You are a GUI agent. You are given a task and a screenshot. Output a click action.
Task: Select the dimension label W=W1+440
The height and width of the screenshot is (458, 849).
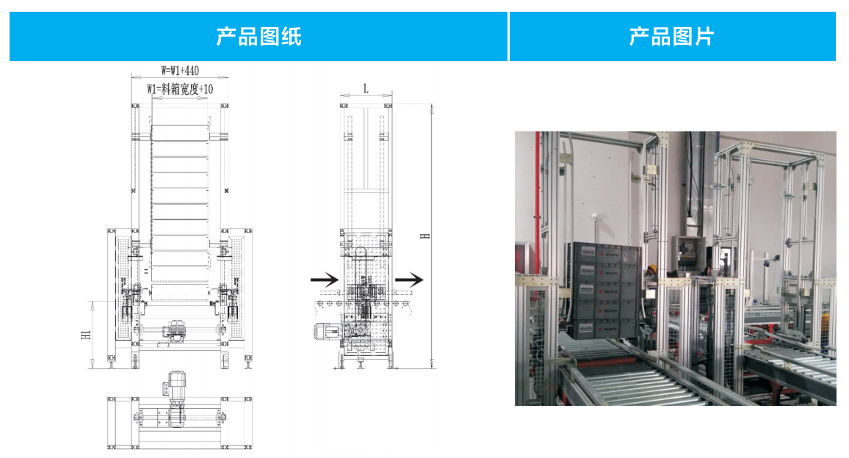180,70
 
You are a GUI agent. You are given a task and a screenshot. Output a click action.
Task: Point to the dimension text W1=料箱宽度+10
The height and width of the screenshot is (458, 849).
180,89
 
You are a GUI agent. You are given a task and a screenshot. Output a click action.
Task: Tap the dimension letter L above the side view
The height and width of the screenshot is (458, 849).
366,88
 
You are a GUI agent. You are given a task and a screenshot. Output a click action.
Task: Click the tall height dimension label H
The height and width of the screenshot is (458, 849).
424,235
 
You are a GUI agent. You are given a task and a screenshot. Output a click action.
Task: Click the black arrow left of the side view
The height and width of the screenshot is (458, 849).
324,279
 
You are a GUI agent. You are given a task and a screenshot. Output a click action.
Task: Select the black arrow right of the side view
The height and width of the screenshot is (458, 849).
410,279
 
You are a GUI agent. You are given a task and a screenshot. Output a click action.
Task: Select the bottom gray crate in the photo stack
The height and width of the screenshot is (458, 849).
600,328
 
